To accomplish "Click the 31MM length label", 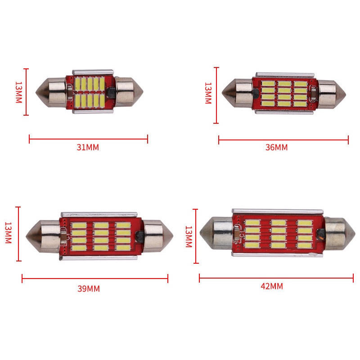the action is [88, 147].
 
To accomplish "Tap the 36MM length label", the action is [276, 147].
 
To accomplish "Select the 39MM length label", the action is [89, 288].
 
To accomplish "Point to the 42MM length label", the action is [272, 286].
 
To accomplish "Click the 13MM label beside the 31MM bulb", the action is [18, 92].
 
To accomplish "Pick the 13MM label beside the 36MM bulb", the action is [208, 93].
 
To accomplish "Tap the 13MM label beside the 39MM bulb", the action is [8, 233].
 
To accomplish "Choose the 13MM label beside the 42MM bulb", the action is [189, 237].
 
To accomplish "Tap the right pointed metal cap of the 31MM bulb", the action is [129, 92].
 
